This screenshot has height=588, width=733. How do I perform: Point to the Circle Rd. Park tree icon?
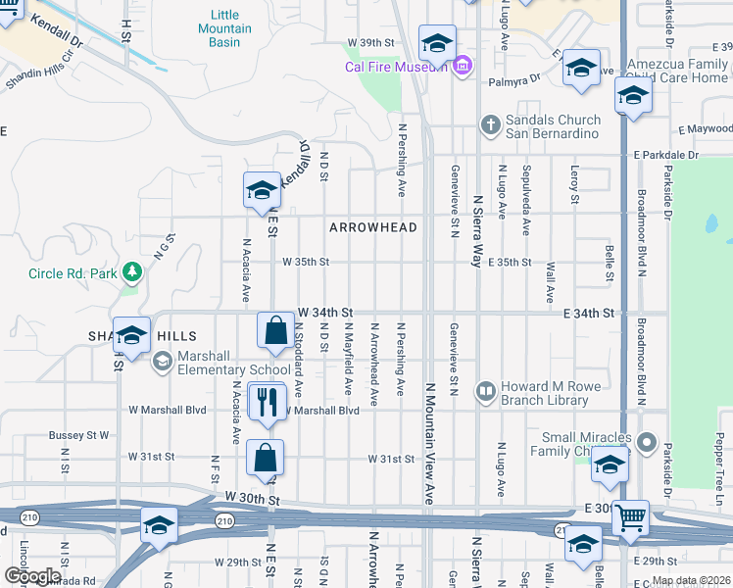(129, 273)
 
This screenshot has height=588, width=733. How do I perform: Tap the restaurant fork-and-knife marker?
(265, 400)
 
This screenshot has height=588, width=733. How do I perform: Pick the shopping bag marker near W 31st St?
(266, 457)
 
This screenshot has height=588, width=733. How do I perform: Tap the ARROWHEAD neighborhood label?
(373, 227)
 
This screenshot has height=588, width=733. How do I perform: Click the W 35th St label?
(306, 262)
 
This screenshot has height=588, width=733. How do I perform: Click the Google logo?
(31, 576)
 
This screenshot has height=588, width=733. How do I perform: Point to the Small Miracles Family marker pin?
(646, 444)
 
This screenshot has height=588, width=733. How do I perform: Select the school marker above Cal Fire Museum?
(437, 42)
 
